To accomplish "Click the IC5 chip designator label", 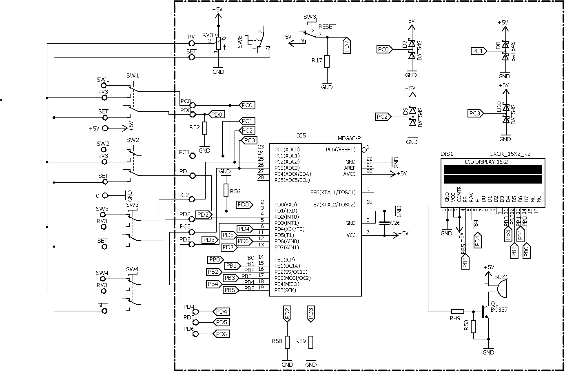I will coord(301,135).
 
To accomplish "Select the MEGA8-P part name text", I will coord(349,139).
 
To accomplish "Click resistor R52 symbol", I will coord(204,128).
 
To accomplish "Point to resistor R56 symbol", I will coord(226,190).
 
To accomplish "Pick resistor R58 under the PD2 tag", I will coord(287,342).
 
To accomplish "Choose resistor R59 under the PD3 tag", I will coord(311,342).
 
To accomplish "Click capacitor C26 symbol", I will coord(384,223).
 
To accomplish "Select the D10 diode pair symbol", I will coord(505,113).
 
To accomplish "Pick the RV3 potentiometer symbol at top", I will coord(219,43).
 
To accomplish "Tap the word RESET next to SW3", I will coord(327,27).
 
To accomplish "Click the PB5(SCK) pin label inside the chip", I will coord(285,290).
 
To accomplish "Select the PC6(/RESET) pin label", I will coord(341,149).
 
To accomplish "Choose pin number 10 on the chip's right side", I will coord(370,201).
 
